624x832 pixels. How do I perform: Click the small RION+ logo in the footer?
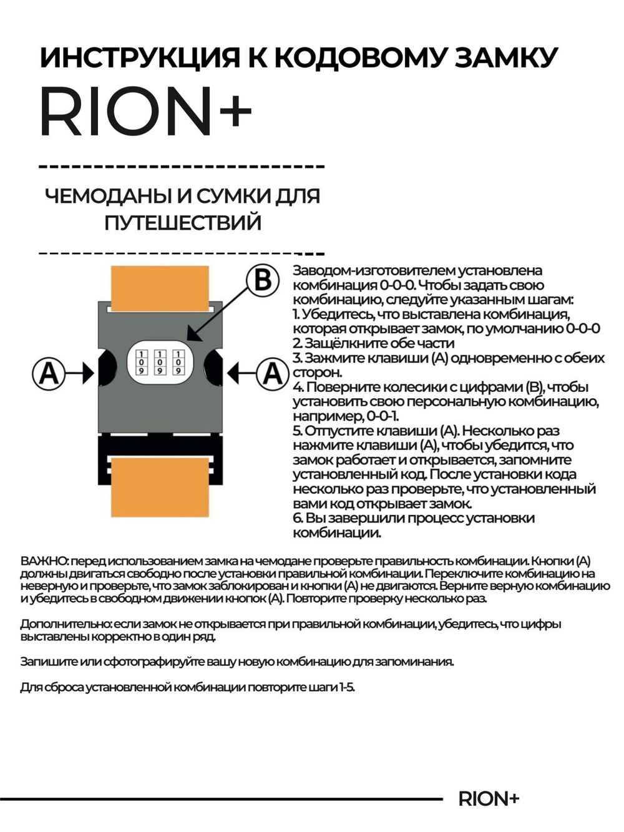click(x=489, y=799)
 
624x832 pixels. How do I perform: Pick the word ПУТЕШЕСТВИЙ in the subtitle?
click(x=182, y=222)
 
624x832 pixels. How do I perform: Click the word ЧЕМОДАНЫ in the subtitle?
click(x=107, y=196)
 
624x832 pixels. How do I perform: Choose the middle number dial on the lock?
click(x=160, y=361)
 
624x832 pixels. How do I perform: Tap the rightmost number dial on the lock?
click(x=178, y=361)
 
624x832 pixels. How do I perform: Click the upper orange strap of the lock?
click(x=159, y=284)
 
